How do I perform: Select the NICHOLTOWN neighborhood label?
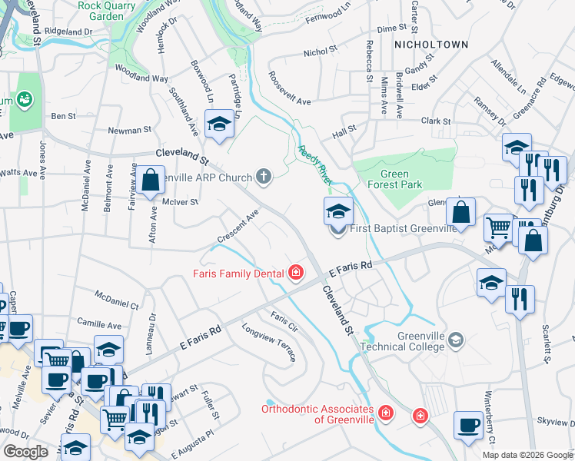coord(430,45)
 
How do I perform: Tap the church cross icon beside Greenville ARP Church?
coord(264,177)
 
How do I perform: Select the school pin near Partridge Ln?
coord(219,124)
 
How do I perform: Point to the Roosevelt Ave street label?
coord(289,89)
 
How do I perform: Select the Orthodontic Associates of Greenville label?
coord(317,414)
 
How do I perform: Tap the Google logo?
coord(26,452)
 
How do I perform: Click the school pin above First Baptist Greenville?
coord(338,210)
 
